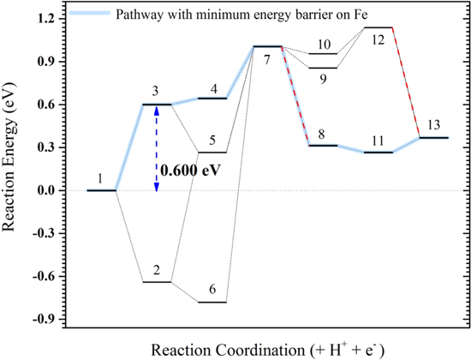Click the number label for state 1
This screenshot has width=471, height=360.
[100, 178]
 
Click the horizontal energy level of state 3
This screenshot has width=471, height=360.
[156, 105]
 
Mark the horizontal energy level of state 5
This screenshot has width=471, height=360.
[212, 153]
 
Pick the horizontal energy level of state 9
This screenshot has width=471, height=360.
[323, 68]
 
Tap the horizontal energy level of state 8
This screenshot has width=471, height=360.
[322, 146]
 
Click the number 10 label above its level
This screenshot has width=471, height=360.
[323, 44]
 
